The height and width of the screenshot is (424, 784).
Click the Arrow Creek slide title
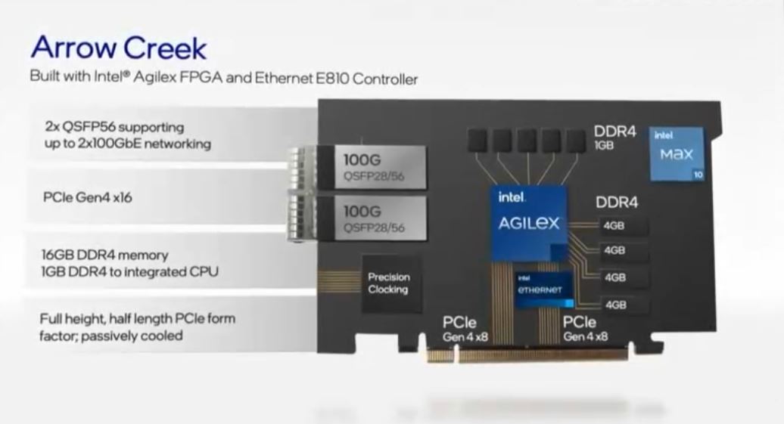click(x=118, y=48)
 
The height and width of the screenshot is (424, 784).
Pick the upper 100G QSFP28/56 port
click(x=370, y=167)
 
